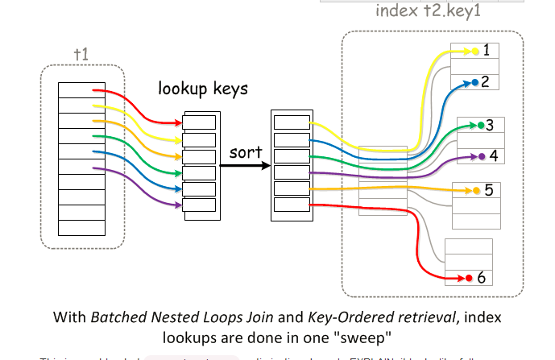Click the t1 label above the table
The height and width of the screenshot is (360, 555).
coord(81,54)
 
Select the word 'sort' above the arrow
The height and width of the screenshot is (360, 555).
coord(246,151)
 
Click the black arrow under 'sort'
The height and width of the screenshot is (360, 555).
coord(245,166)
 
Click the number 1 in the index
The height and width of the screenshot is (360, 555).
coord(487,51)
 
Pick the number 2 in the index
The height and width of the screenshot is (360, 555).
coord(486,81)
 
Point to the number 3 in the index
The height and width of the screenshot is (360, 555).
coord(490,125)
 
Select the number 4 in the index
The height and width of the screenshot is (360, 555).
coord(493,155)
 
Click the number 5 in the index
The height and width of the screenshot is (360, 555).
coord(488,191)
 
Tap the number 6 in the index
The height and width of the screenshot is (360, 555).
coord(481,278)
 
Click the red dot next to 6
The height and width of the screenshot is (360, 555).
coord(470,279)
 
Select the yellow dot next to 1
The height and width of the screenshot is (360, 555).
coord(475,52)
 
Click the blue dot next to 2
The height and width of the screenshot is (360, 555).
coord(474,82)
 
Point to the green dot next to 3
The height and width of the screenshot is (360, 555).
coord(480,126)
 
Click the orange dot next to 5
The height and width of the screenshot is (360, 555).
coord(476,191)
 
